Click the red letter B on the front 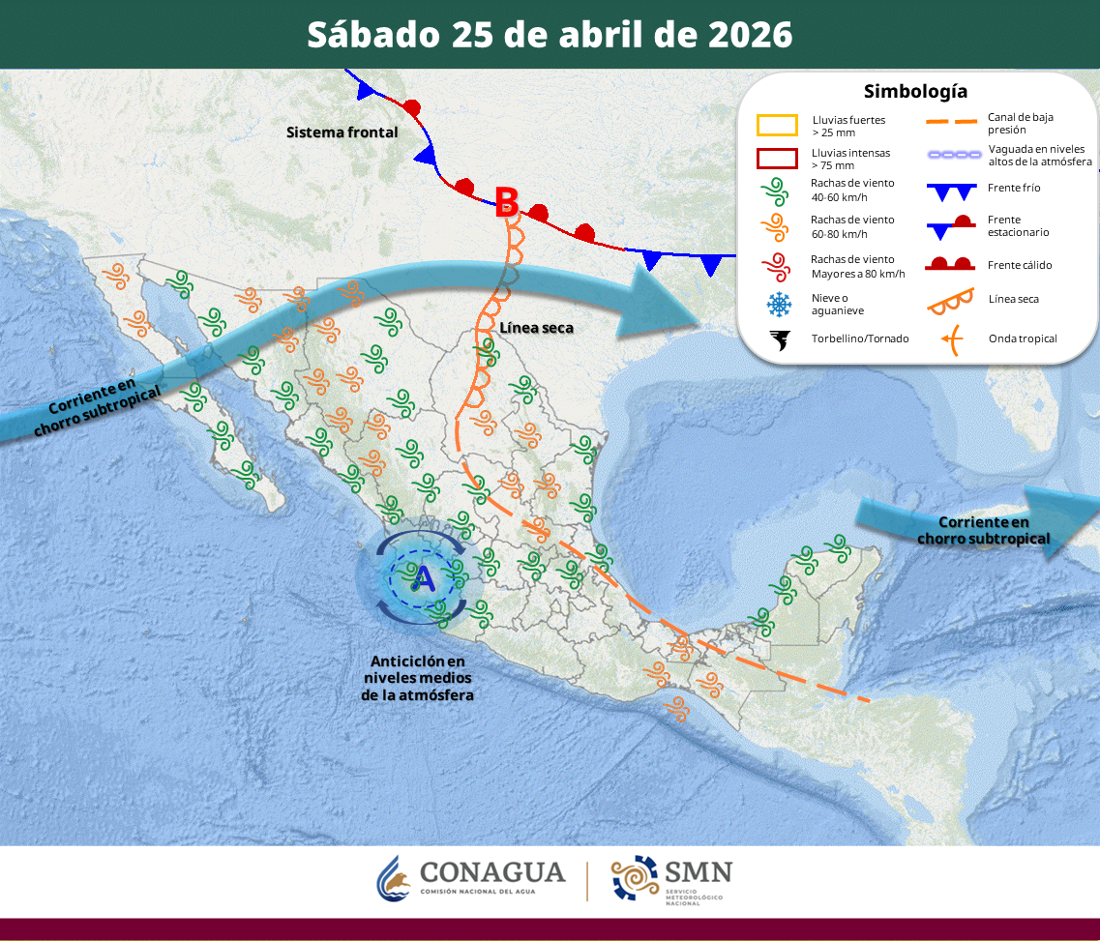pyautogui.click(x=506, y=200)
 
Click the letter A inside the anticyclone pyautogui.click(x=424, y=578)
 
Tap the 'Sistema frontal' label pyautogui.click(x=342, y=132)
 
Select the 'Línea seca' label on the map pyautogui.click(x=536, y=328)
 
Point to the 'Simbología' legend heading pyautogui.click(x=915, y=92)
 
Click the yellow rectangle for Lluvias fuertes pyautogui.click(x=777, y=126)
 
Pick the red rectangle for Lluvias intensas pyautogui.click(x=777, y=159)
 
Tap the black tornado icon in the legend pyautogui.click(x=778, y=339)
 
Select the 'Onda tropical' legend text pyautogui.click(x=1023, y=338)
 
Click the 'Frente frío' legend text pyautogui.click(x=1014, y=188)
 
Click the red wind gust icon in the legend pyautogui.click(x=777, y=266)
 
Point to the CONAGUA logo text pyautogui.click(x=492, y=873)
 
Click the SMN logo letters pyautogui.click(x=698, y=871)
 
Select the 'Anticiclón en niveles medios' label pyautogui.click(x=417, y=677)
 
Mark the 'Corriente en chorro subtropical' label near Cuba pyautogui.click(x=983, y=530)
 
